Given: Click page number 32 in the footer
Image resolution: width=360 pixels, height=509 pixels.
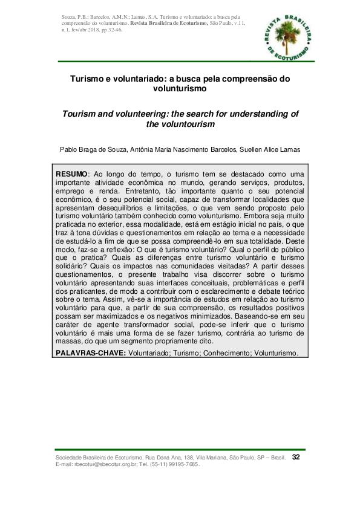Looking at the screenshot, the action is pos(296,457).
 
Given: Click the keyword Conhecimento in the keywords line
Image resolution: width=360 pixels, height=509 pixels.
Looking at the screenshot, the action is pos(224,353).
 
